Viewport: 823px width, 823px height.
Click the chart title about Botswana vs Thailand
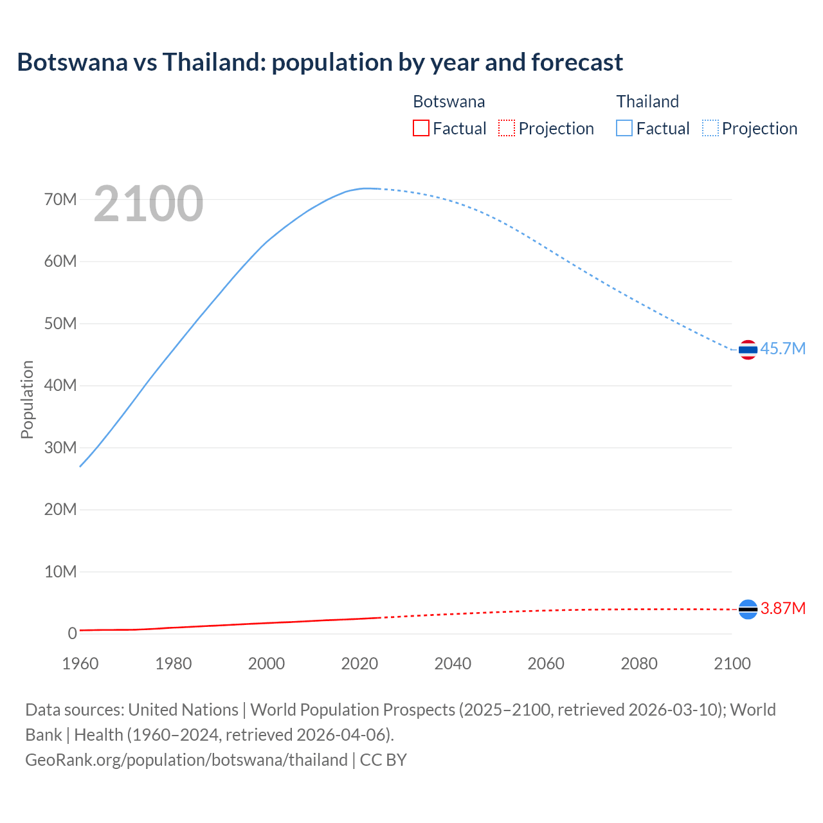[x=320, y=62]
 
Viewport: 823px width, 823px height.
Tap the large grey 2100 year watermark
[x=149, y=204]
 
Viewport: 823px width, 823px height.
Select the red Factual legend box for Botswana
[x=421, y=129]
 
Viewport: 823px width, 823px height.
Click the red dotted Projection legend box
[x=507, y=129]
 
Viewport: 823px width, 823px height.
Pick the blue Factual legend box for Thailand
[x=624, y=129]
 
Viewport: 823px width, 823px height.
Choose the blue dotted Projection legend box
[x=710, y=129]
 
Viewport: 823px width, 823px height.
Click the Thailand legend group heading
[x=647, y=102]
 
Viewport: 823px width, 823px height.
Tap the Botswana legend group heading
[x=449, y=102]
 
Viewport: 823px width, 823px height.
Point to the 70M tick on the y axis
[x=60, y=199]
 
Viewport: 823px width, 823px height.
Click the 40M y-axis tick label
[x=60, y=385]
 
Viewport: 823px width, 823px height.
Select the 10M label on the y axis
[x=60, y=572]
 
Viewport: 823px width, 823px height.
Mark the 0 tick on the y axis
[x=72, y=633]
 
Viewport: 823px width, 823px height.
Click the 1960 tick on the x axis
[x=80, y=664]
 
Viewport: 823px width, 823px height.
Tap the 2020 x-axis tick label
[x=359, y=664]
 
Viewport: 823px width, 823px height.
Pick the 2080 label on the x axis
[x=639, y=664]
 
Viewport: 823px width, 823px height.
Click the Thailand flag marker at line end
[x=748, y=350]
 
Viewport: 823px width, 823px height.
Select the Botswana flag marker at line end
[x=748, y=609]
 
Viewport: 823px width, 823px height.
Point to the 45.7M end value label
[x=782, y=348]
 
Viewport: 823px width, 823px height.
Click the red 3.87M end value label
[x=782, y=608]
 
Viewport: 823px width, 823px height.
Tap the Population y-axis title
[x=27, y=399]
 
